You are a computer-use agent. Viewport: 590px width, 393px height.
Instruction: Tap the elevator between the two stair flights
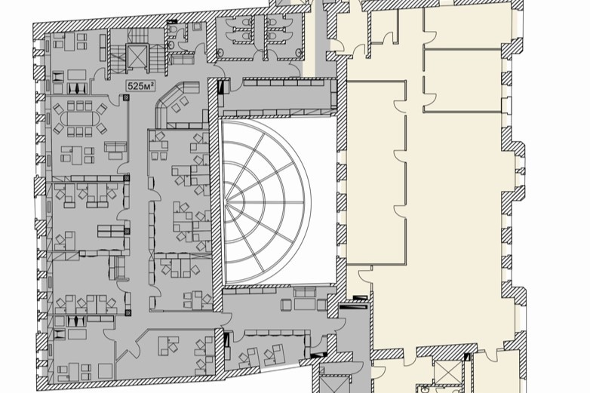point(137,57)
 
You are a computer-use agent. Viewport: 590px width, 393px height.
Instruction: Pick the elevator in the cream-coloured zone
point(447,373)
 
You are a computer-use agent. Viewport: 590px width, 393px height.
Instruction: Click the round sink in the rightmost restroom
point(298,52)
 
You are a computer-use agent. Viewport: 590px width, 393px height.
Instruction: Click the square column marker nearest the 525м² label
point(126,98)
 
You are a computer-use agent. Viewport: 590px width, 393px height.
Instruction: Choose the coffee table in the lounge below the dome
point(303,303)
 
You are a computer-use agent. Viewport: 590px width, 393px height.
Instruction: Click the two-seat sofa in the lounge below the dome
point(304,291)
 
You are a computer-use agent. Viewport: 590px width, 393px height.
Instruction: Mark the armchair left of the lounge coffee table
point(286,304)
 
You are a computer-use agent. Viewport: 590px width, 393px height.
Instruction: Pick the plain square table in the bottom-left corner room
point(105,371)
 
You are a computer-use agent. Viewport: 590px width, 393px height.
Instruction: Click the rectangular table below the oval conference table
point(77,155)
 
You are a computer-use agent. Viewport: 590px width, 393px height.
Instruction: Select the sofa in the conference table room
point(115,149)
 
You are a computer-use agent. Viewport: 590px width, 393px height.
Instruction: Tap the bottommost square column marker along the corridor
point(128,312)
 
